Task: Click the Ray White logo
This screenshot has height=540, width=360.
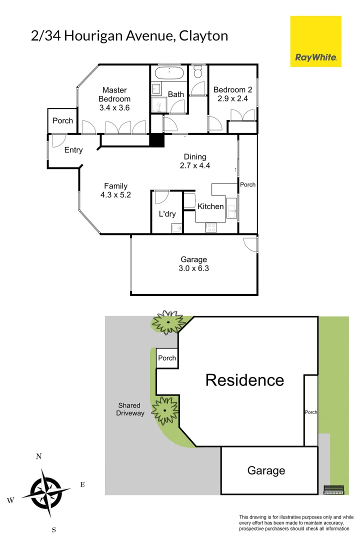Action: pyautogui.click(x=316, y=41)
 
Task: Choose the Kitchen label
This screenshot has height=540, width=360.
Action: pyautogui.click(x=210, y=206)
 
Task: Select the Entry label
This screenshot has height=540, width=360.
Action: pyautogui.click(x=73, y=150)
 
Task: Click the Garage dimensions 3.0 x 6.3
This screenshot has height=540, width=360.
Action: pyautogui.click(x=193, y=268)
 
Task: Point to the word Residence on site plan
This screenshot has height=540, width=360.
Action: pyautogui.click(x=244, y=380)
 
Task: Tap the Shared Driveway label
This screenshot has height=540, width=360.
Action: pyautogui.click(x=130, y=409)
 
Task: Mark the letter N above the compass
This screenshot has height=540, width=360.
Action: pyautogui.click(x=38, y=456)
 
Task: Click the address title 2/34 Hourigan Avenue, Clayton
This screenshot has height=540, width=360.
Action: pyautogui.click(x=129, y=36)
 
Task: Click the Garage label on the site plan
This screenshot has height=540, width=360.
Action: pyautogui.click(x=266, y=470)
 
